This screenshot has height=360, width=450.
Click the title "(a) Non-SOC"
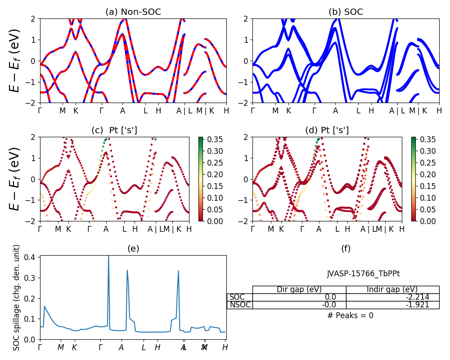coord(133,12)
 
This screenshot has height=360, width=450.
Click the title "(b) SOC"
coord(346,12)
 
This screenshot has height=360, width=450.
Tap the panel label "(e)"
coord(133,248)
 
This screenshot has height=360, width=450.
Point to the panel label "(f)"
coord(346,248)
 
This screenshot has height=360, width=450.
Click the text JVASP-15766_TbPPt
coord(363,274)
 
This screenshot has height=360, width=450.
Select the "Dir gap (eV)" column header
coord(299,289)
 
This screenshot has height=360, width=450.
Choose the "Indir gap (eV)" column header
coord(392,289)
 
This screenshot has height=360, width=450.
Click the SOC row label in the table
coord(237,297)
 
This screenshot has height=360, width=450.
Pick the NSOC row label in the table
coord(240,305)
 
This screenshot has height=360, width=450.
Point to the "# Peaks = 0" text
coord(350,315)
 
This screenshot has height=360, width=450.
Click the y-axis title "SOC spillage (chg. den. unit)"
coord(17,297)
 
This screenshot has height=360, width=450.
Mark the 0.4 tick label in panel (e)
coord(31,257)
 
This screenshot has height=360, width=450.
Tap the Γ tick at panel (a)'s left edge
coord(40,110)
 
